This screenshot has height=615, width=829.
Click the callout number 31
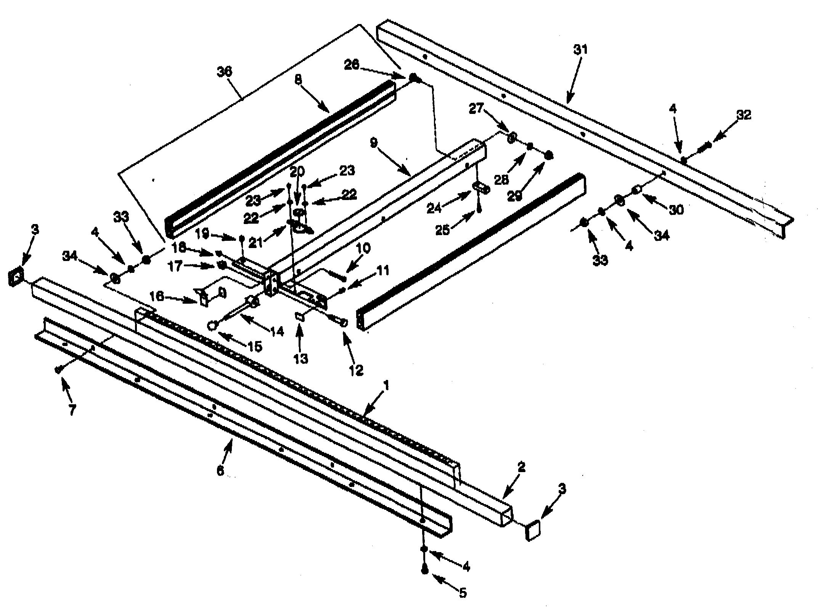(x=580, y=50)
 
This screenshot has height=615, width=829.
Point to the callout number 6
(x=220, y=471)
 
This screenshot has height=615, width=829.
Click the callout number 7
(x=72, y=410)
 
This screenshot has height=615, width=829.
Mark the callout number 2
(x=521, y=467)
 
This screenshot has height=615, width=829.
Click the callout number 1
(x=386, y=386)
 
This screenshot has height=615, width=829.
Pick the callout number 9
(x=373, y=143)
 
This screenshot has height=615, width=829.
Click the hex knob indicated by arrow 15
(x=212, y=325)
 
